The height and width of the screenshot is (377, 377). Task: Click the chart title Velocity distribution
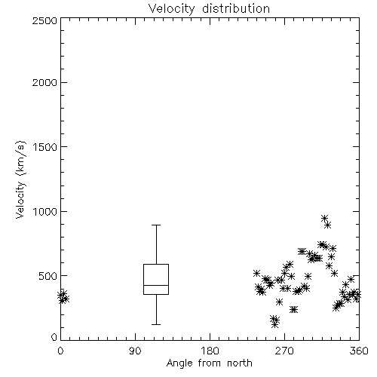209,8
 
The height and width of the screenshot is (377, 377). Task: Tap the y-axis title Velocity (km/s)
20,179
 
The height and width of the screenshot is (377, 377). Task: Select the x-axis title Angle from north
209,363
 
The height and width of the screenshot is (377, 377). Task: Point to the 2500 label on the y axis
44,20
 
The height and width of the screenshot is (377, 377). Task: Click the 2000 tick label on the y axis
44,82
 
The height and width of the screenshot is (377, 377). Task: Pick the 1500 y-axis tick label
45,147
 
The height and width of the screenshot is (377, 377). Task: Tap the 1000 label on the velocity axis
45,211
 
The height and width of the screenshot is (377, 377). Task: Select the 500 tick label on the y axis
48,276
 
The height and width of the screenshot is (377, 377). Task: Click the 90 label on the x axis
135,351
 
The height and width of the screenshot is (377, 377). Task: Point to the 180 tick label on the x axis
210,351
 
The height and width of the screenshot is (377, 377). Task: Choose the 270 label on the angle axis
284,351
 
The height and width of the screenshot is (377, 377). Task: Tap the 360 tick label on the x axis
359,351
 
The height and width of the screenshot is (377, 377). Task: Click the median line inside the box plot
156,285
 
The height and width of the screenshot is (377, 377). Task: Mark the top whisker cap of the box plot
156,225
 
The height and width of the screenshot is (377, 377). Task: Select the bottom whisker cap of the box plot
156,324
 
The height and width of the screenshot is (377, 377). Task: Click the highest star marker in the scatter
324,218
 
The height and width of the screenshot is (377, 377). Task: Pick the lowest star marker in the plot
274,325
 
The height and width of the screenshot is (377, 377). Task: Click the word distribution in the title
236,8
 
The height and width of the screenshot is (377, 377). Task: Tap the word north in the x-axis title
240,363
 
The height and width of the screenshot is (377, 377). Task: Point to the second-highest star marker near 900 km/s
327,225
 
